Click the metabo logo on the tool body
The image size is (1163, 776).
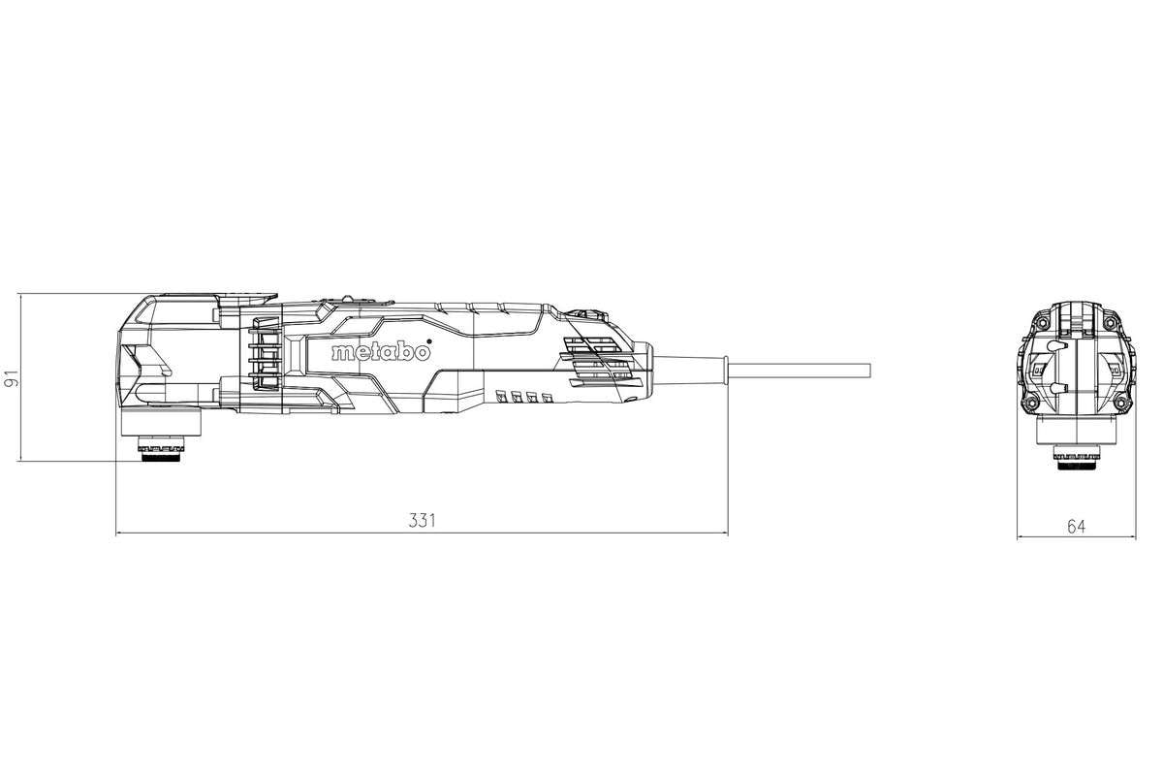coord(381,352)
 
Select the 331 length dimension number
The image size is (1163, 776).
coord(421,520)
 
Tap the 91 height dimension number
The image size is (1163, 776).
coord(12,378)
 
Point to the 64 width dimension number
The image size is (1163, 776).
coord(1077,527)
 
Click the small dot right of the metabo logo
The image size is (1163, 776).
coord(428,341)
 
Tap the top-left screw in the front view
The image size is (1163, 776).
coord(1041,323)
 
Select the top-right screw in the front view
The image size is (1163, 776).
coord(1111,323)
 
